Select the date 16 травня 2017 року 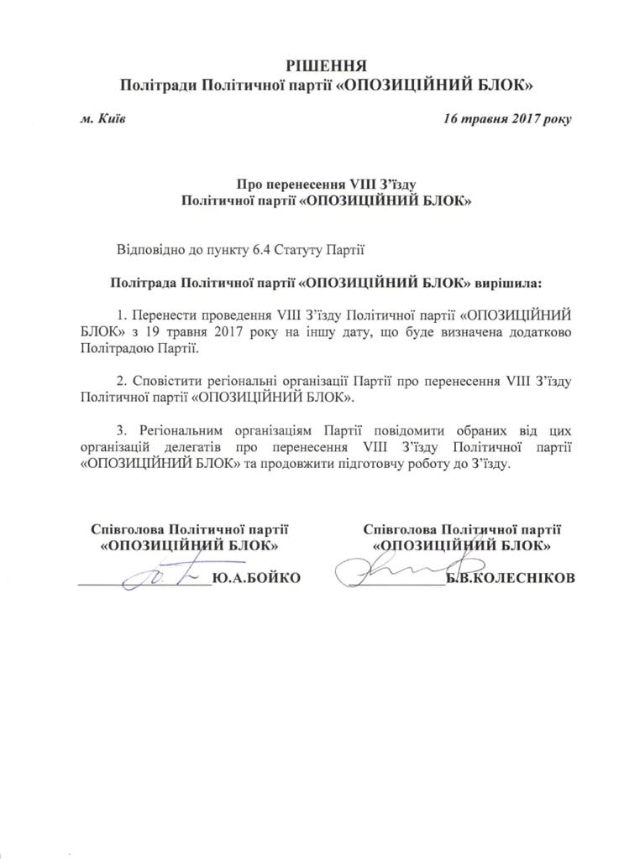(x=507, y=119)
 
